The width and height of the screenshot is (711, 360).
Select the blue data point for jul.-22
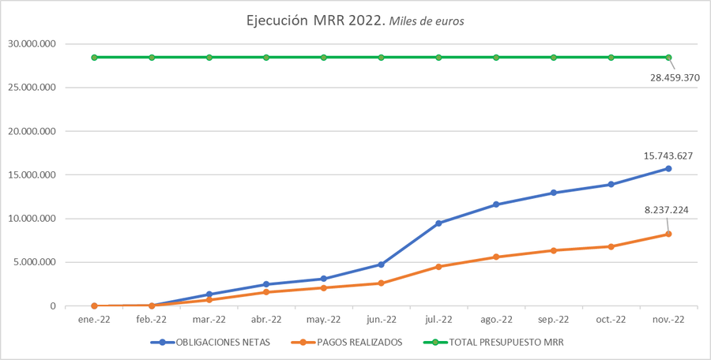click(438, 223)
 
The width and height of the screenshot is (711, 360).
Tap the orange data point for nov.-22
click(668, 234)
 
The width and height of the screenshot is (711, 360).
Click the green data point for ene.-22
click(94, 58)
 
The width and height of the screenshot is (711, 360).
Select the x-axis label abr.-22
click(266, 320)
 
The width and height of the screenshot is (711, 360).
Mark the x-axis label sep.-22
click(553, 320)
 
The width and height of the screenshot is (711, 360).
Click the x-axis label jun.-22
click(381, 320)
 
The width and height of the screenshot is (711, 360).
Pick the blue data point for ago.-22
click(496, 204)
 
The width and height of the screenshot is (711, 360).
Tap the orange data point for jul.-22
click(438, 267)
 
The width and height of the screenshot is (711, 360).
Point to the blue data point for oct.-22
click(611, 185)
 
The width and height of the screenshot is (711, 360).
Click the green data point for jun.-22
click(381, 58)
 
